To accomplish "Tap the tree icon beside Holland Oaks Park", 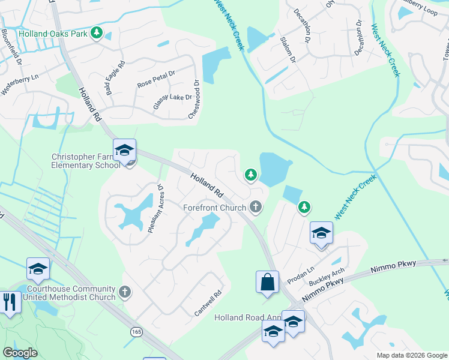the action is click(97, 34).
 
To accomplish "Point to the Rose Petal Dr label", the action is click(155, 79).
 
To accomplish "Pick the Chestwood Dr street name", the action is click(194, 99).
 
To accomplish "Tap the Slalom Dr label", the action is click(288, 49).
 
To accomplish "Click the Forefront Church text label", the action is click(215, 208).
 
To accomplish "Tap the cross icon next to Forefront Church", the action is click(256, 208).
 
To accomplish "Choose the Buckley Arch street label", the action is click(327, 277).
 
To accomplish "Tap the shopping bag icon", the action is click(267, 281).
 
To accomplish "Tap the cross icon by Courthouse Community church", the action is click(124, 293).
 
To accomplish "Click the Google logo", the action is click(20, 353).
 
